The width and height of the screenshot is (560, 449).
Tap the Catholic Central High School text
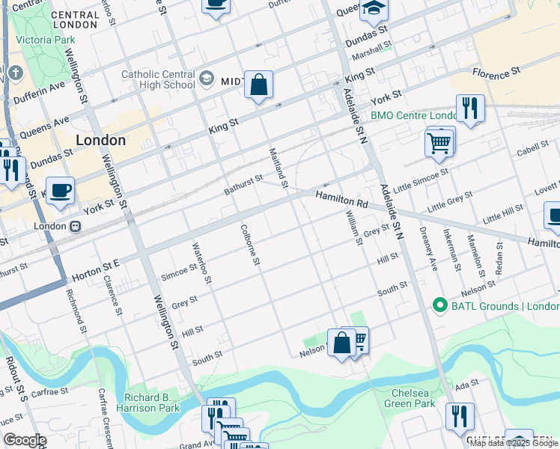coord(158,79)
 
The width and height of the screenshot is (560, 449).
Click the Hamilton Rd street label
coord(341,199)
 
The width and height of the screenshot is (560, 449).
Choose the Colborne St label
coord(249,245)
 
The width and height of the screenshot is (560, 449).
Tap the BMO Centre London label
coord(413,116)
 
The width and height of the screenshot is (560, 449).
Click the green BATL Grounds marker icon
coord(439,306)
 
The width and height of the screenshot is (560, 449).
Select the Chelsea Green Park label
coord(413,398)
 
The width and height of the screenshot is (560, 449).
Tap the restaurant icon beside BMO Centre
coord(470,108)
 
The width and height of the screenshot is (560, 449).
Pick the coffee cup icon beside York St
coord(60,190)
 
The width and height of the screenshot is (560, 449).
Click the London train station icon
coord(76,226)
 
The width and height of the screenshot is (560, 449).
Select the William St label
coord(354,225)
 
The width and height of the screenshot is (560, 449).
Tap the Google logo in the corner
coord(24,440)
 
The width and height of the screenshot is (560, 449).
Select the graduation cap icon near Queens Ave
coord(372,8)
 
